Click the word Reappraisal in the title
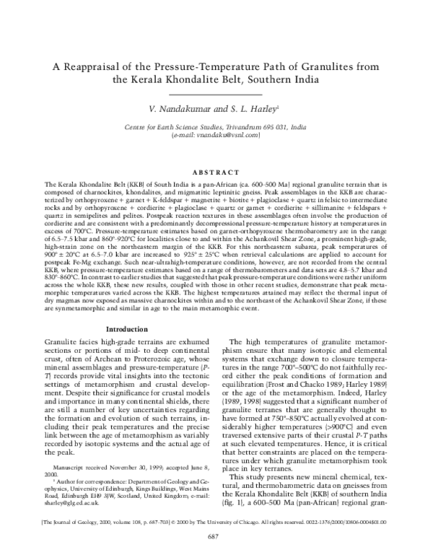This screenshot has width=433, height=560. pos(95,66)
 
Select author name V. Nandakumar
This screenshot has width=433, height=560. pos(174,108)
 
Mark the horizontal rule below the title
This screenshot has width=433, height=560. pos(217,94)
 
